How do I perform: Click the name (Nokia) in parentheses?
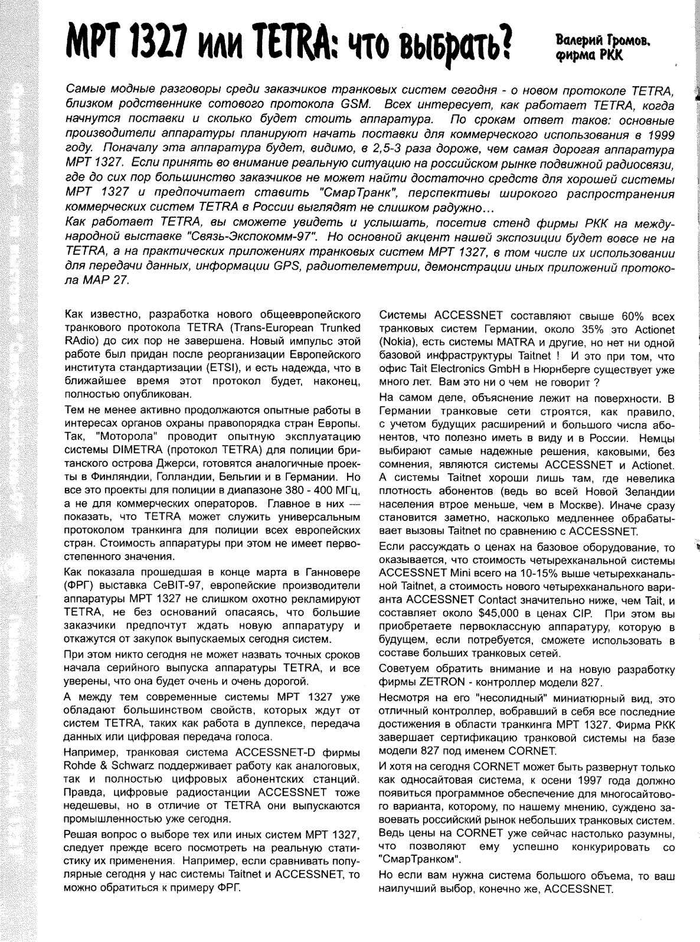pos(396,342)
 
